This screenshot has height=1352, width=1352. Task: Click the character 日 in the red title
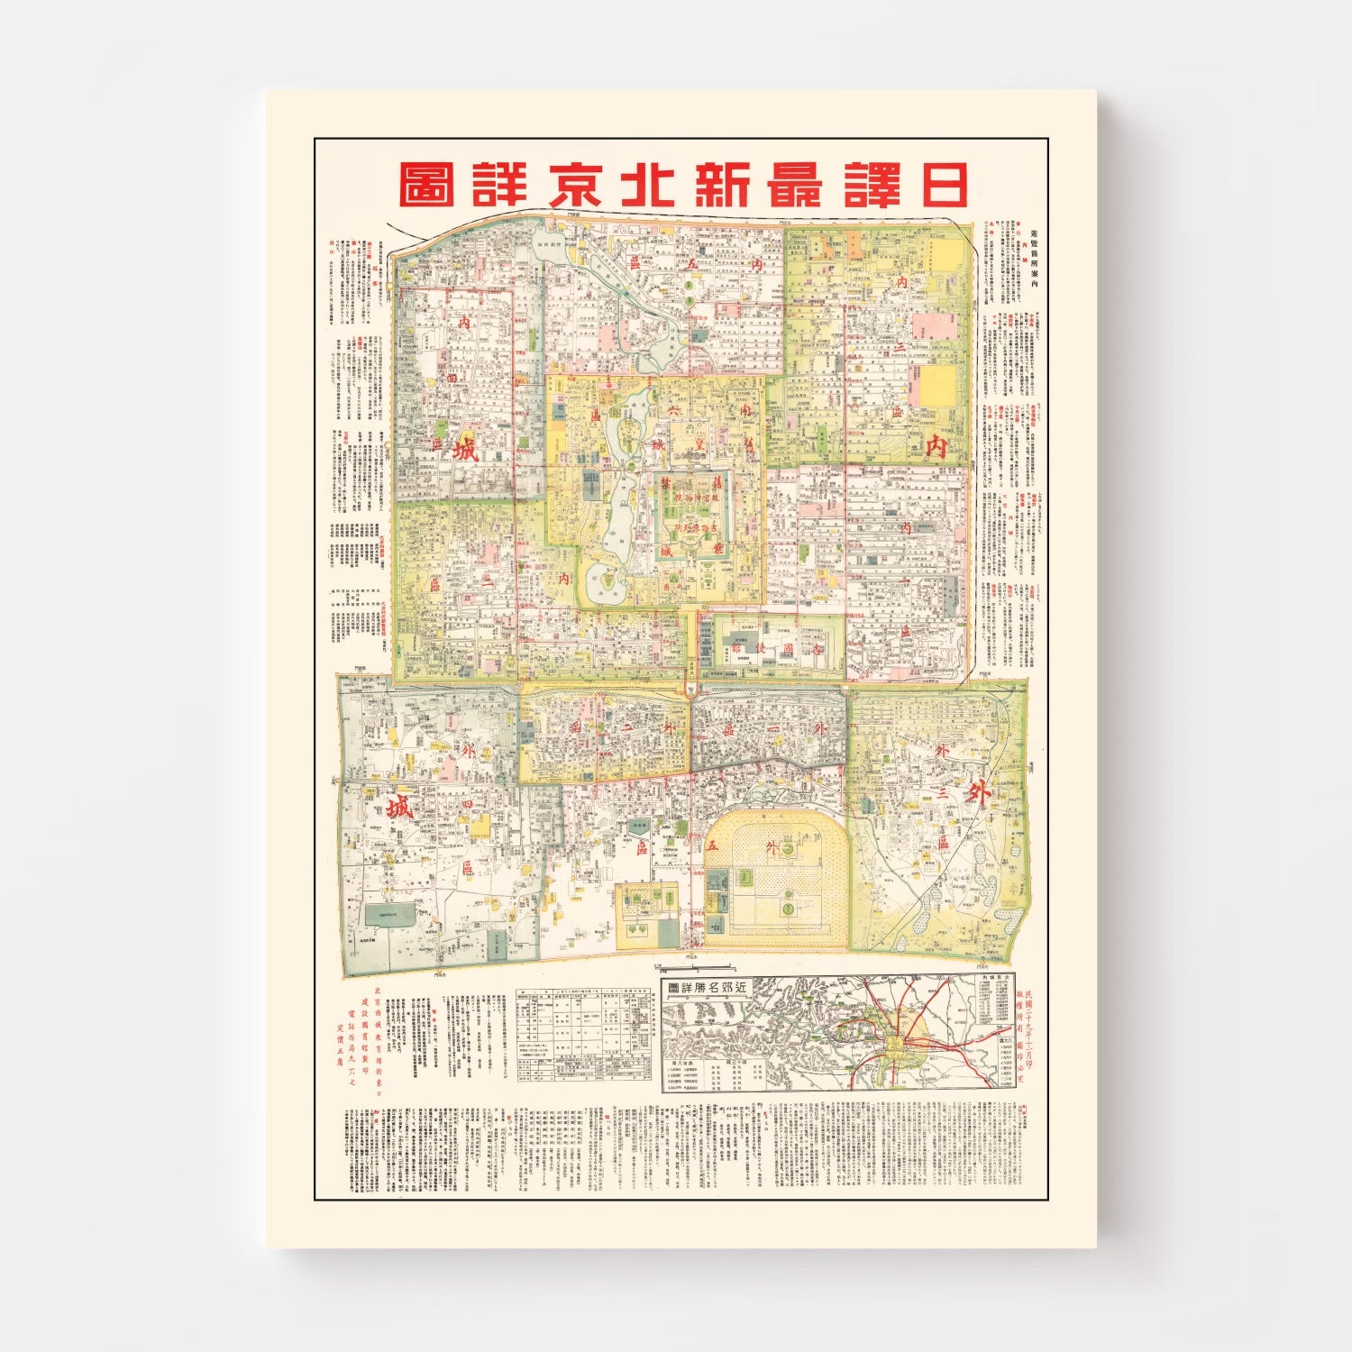938,185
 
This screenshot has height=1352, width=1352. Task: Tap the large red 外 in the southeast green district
978,792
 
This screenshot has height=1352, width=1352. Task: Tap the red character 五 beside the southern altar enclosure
712,845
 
